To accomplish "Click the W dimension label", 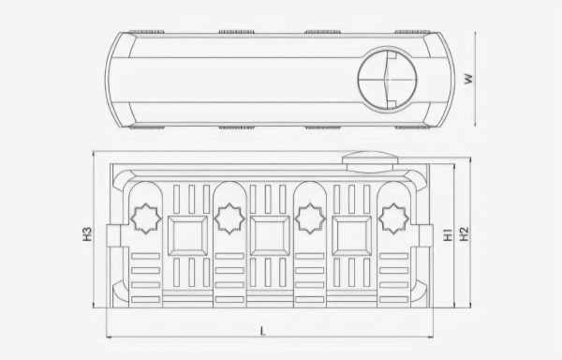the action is click(469, 79).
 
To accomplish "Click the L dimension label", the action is click(262, 331).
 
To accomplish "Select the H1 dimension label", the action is click(448, 234).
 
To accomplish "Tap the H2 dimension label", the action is click(464, 234).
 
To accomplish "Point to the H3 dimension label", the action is click(87, 234).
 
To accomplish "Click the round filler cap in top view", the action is click(388, 80).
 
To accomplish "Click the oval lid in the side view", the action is click(370, 162).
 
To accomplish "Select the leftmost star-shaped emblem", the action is click(145, 218).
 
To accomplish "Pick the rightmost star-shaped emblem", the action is click(393, 218).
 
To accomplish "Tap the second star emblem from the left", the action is click(229, 218).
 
